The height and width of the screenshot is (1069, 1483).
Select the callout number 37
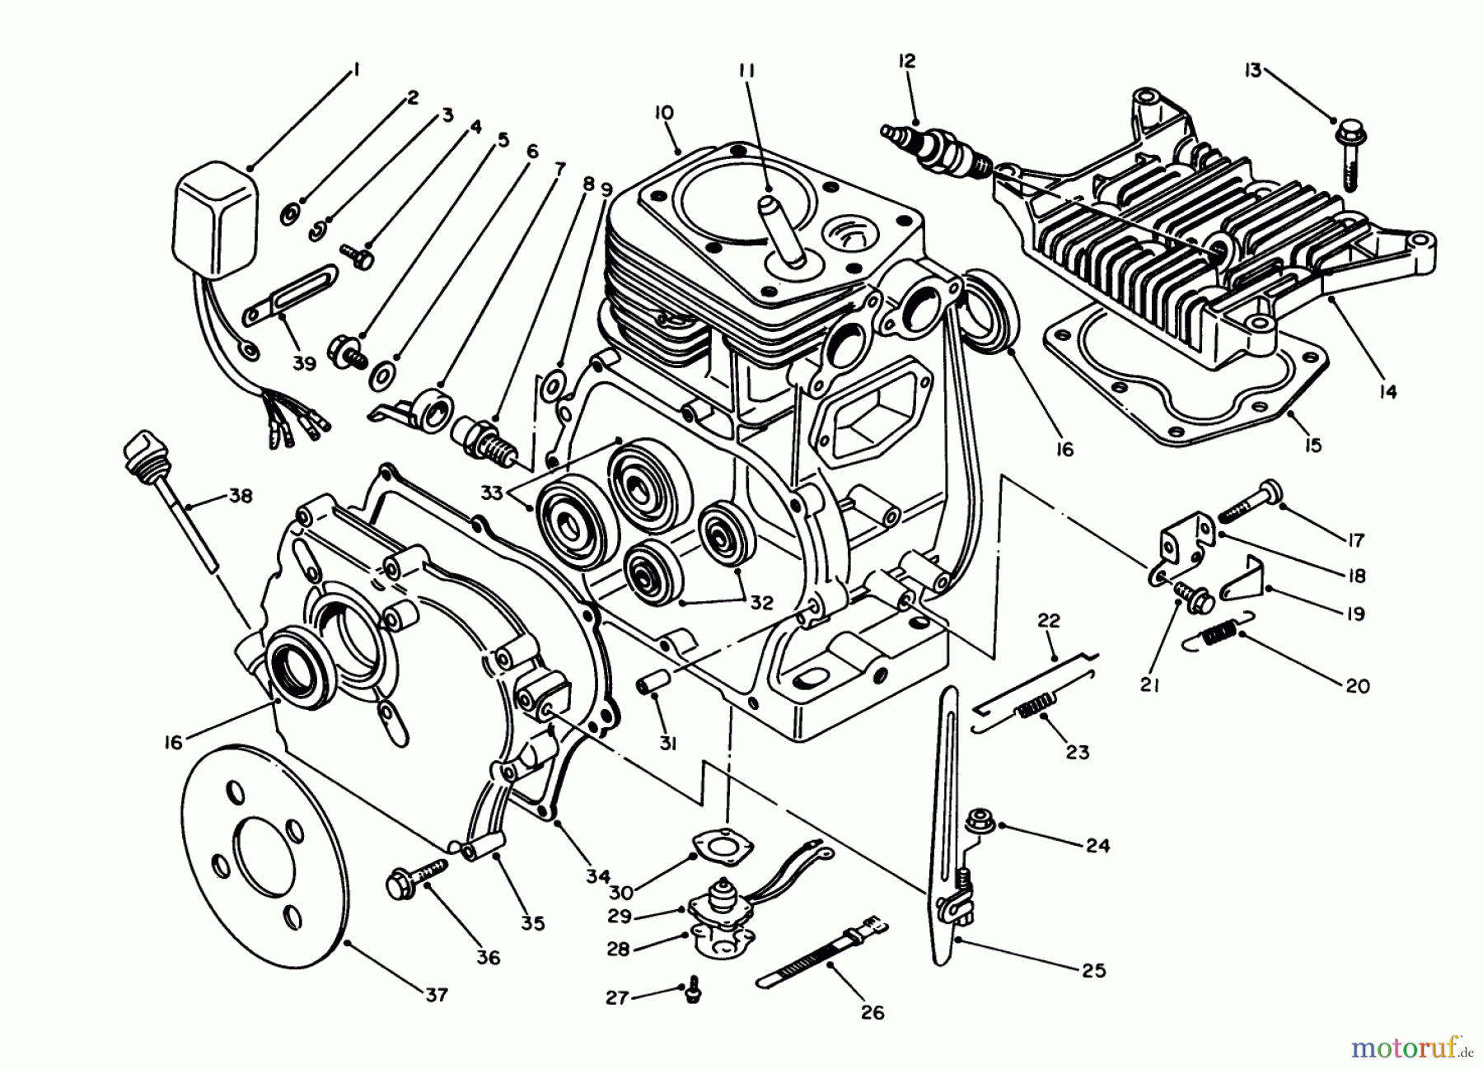click(436, 995)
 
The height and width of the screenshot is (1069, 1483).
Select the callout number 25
click(1092, 971)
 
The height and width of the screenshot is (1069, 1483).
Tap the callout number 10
click(664, 113)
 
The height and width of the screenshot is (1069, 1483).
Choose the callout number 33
click(492, 493)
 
